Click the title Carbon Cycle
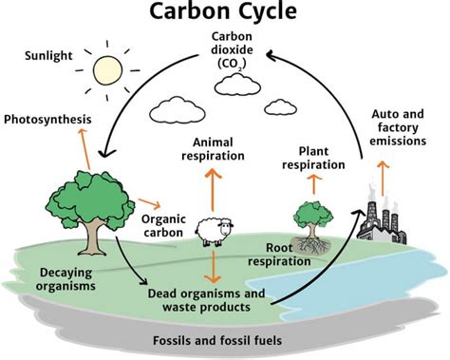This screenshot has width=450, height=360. (x=224, y=14)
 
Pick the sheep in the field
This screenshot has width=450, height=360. (x=212, y=230)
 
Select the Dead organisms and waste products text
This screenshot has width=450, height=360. (x=212, y=300)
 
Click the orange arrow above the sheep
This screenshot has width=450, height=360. (x=212, y=187)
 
